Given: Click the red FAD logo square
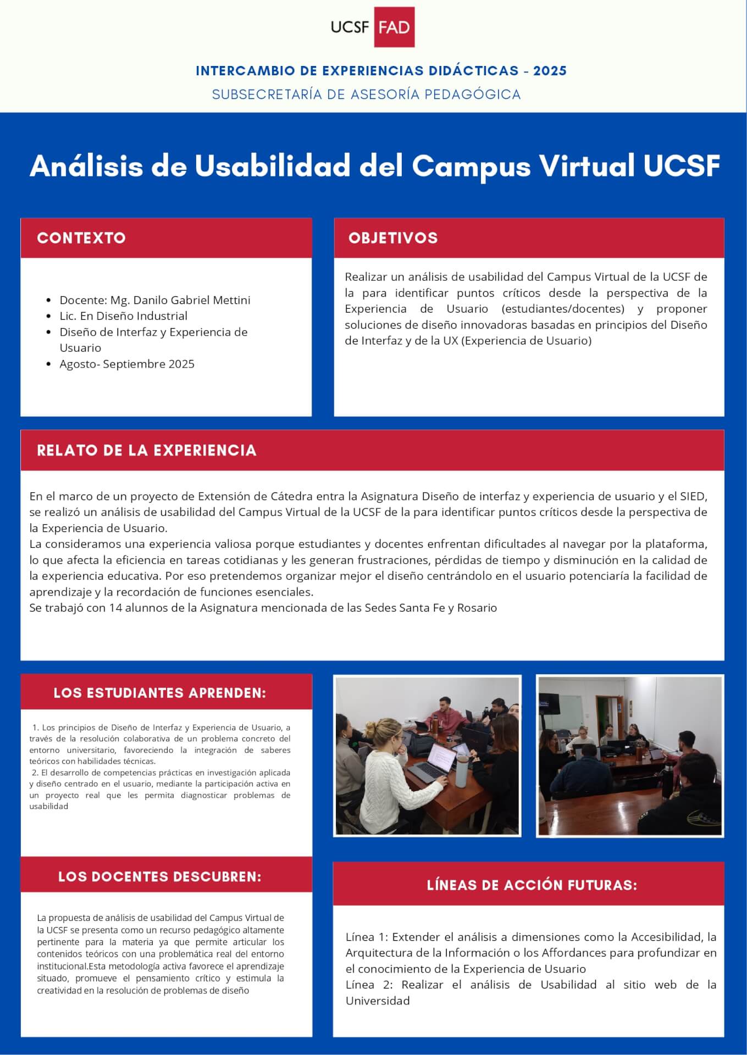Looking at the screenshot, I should coord(394,27).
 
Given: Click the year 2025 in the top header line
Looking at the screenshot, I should coord(550,71).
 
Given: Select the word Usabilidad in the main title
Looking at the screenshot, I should coord(273,165).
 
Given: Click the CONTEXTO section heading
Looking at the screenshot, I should coord(81,238).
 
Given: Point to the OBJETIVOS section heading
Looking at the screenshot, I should coord(393,238).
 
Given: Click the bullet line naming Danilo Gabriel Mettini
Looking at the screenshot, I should coord(155,300).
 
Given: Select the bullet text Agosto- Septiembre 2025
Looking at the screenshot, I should coord(127,364).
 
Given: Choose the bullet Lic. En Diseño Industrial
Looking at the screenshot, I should coord(124,316).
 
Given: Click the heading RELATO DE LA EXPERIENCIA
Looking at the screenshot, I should coord(147,451).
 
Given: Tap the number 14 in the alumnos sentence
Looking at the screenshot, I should coord(115,608).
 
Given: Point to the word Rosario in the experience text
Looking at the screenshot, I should coord(477,608).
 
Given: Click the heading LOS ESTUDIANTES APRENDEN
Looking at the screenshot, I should coord(160,693).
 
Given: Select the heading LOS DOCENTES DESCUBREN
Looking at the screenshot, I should coord(160,876).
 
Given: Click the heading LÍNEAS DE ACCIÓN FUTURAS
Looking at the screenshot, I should coord(532,885).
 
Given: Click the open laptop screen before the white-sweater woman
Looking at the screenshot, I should coord(437,759).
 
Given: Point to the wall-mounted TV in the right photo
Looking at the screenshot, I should coord(549,702).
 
